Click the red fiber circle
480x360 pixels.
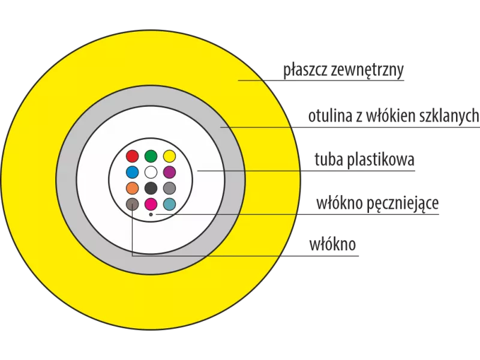[133, 157]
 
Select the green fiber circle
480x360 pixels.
[151, 157]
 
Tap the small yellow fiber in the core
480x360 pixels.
[169, 157]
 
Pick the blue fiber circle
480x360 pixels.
[133, 172]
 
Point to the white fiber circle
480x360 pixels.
[151, 172]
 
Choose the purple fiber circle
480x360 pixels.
[169, 172]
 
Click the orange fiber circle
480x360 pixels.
[133, 188]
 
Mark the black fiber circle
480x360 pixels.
[151, 188]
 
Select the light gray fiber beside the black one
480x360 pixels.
[169, 188]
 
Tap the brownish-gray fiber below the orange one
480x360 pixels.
[133, 203]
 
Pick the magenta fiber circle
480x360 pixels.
[151, 203]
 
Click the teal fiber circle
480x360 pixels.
[169, 203]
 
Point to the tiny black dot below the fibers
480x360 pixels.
[151, 214]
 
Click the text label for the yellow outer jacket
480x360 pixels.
[345, 71]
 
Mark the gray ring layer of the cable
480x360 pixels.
[66, 180]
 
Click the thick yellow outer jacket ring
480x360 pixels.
[30, 180]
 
